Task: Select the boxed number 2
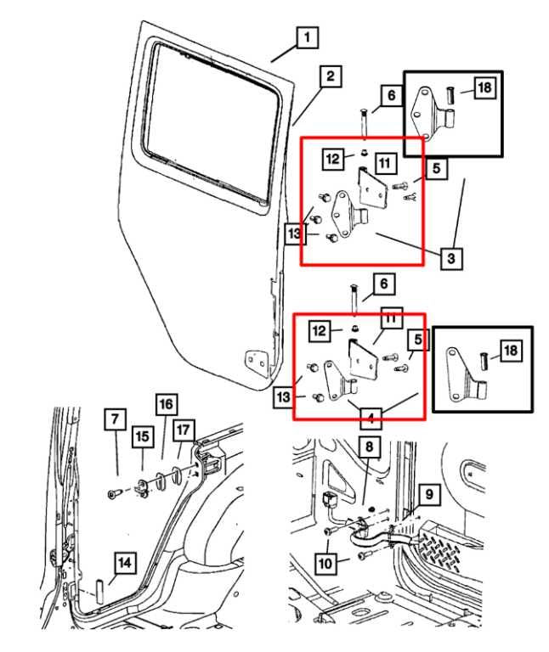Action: point(331,77)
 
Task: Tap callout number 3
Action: point(451,256)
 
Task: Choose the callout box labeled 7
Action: point(116,419)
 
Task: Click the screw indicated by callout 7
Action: point(113,494)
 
